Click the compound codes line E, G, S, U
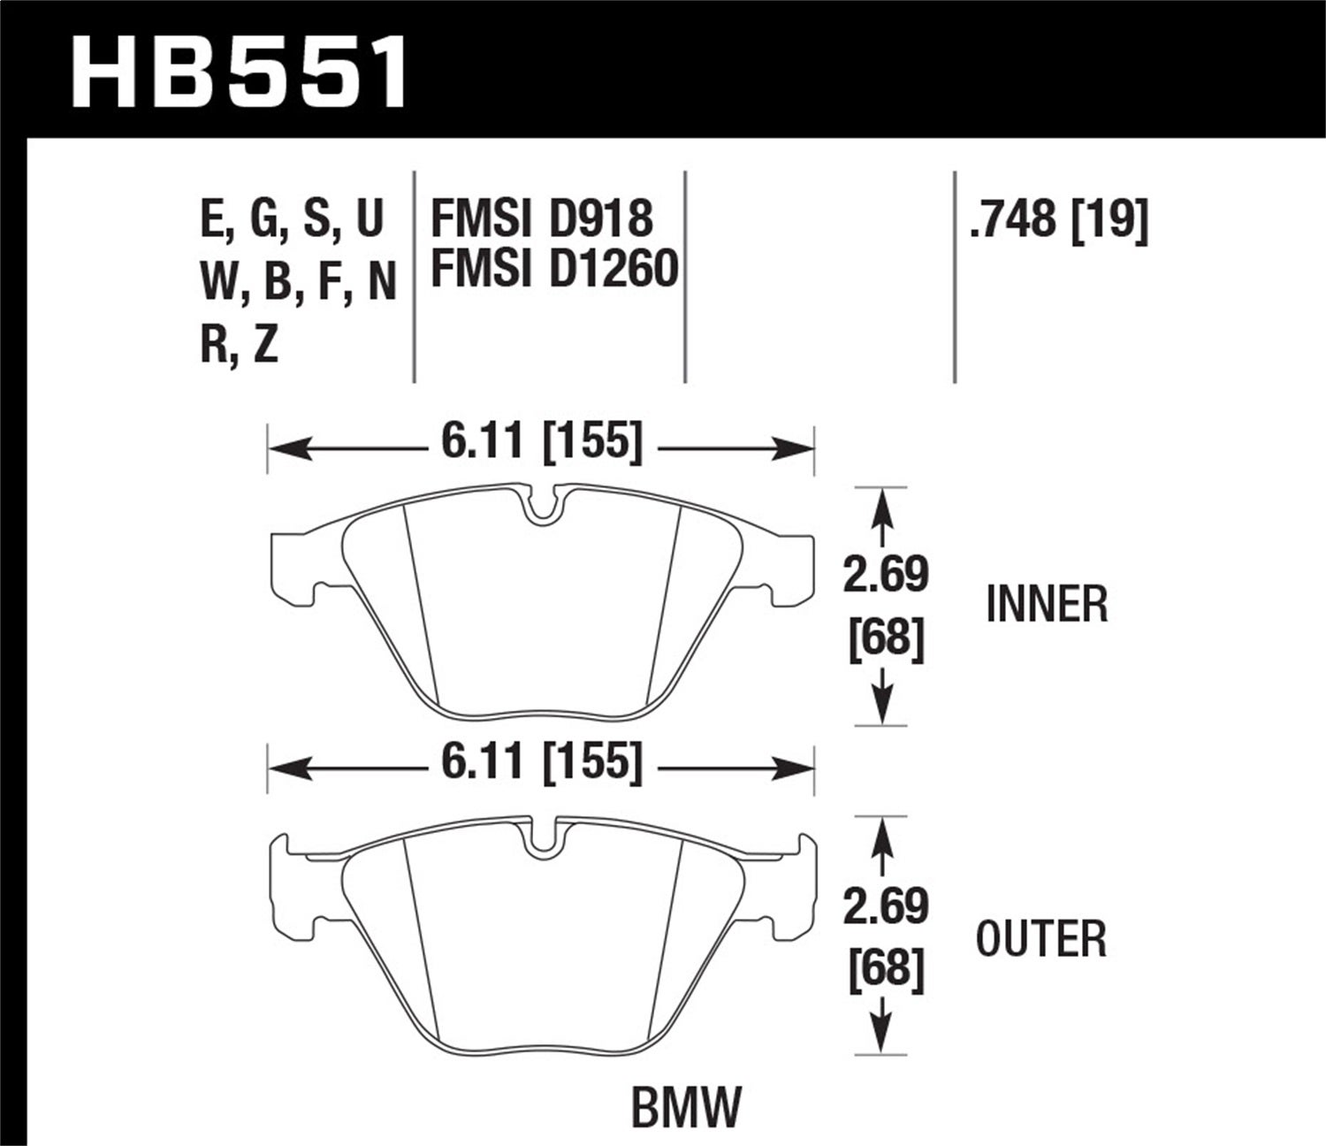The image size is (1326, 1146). (x=293, y=218)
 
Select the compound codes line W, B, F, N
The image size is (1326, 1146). (x=298, y=283)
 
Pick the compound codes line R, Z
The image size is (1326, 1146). (x=239, y=344)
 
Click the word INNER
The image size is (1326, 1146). (x=1047, y=605)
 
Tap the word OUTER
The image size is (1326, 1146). (x=1040, y=939)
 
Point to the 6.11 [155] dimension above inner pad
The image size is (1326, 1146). (x=541, y=441)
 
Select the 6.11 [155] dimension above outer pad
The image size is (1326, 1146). (x=541, y=761)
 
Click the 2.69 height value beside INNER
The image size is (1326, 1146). (x=885, y=576)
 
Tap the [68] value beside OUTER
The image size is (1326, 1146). (x=886, y=968)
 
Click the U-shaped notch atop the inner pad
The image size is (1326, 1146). (x=541, y=506)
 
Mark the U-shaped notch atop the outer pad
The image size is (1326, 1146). (x=541, y=840)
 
